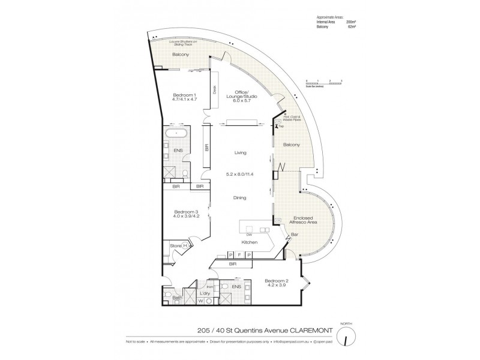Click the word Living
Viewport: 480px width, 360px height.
pyautogui.click(x=241, y=153)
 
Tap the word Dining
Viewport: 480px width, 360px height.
pyautogui.click(x=240, y=197)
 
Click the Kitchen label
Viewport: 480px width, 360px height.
pyautogui.click(x=250, y=242)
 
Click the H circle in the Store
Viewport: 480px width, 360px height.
pyautogui.click(x=185, y=246)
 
